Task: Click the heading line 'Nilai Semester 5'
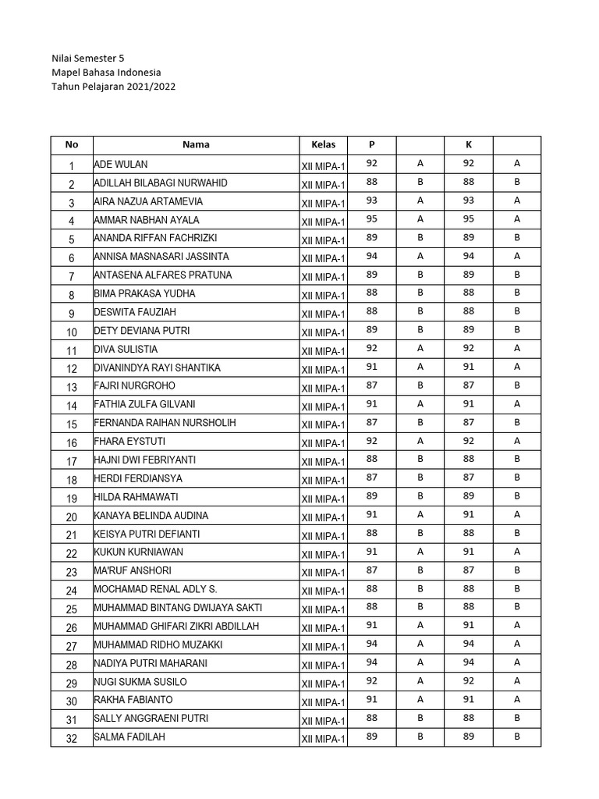[x=87, y=58]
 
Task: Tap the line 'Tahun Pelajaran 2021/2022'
[x=113, y=87]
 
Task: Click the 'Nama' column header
[x=196, y=144]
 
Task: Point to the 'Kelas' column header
[x=323, y=144]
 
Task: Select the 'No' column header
[x=72, y=144]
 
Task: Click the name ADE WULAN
[x=121, y=164]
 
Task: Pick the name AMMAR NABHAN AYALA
[x=147, y=220]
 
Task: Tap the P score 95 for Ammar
[x=371, y=219]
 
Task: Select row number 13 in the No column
[x=72, y=388]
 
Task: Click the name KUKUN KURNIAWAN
[x=140, y=553]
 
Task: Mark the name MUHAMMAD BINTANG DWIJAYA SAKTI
[x=179, y=608]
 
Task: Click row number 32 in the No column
[x=72, y=739]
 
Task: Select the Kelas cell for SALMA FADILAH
[x=323, y=739]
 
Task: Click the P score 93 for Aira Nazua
[x=371, y=201]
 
